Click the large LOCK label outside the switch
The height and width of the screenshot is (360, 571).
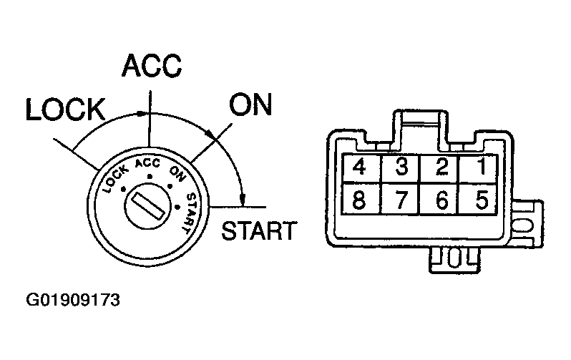(65, 110)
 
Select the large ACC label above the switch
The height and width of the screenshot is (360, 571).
(151, 67)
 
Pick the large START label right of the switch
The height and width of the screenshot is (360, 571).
(259, 230)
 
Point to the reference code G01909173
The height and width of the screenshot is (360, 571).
(73, 300)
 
